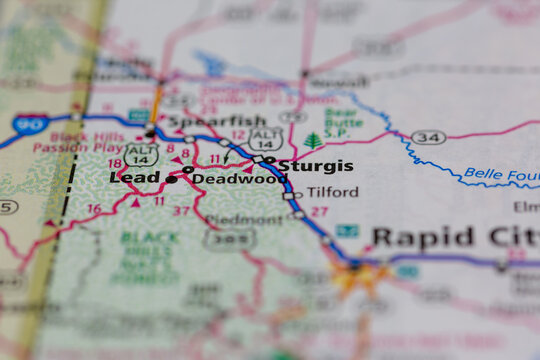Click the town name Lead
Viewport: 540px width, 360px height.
point(135,177)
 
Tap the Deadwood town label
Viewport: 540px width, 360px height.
point(239,179)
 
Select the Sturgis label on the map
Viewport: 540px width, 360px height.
point(315,166)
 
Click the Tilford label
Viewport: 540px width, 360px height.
point(332,192)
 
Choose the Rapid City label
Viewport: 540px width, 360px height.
point(455,238)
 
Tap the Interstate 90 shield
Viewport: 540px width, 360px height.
point(28,125)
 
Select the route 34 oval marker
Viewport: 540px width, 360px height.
point(428,137)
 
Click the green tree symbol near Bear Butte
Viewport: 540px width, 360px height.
point(313,141)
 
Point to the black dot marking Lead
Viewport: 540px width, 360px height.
point(171,180)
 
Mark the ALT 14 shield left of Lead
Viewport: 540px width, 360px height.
point(141,153)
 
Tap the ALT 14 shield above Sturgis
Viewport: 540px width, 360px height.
point(265,139)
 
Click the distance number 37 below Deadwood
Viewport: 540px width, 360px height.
point(181,211)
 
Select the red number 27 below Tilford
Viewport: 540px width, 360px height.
point(319,212)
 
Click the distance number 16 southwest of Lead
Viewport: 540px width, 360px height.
point(93,209)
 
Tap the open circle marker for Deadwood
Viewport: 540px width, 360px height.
point(188,170)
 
